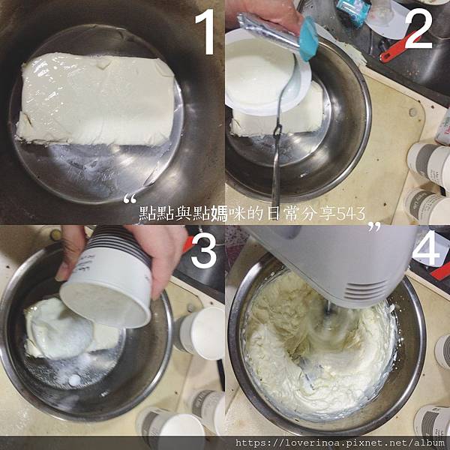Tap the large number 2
point(418,28)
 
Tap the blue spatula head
point(308,38)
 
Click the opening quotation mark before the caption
point(130,199)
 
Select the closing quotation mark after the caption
point(374,226)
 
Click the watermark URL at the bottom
point(340,442)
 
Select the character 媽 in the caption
point(219,214)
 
